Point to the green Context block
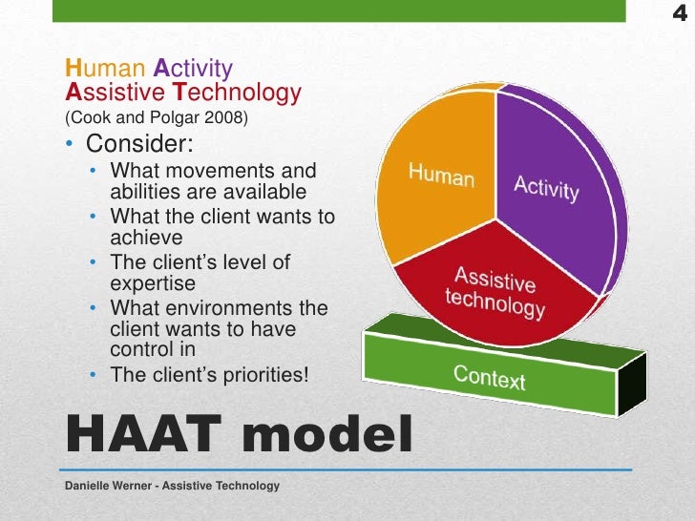(490, 376)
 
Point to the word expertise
(153, 283)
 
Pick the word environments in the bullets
(229, 308)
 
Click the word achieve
(146, 237)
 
